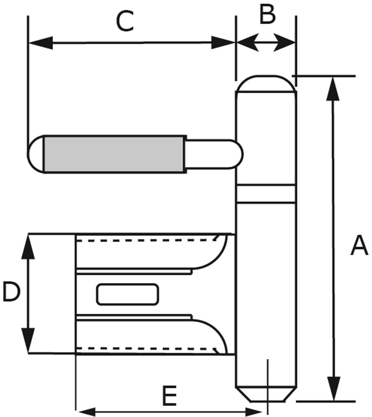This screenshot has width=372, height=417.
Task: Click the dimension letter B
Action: [x=267, y=15]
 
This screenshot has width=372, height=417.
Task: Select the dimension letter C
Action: [x=125, y=22]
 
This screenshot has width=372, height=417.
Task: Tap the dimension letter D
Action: [x=11, y=292]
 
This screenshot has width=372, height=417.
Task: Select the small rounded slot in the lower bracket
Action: [x=128, y=294]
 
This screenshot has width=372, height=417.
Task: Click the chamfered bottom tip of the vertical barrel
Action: [x=266, y=394]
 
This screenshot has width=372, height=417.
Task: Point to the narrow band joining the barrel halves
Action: [x=266, y=193]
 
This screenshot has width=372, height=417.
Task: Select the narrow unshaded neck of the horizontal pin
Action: [x=211, y=153]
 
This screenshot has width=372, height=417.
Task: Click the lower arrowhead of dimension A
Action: [x=333, y=389]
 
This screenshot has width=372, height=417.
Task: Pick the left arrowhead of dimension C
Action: [x=40, y=42]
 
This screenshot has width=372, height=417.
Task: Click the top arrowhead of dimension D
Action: [x=28, y=246]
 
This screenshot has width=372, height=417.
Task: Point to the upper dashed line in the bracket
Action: [x=146, y=240]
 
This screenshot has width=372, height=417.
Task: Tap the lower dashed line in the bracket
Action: [x=146, y=347]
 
